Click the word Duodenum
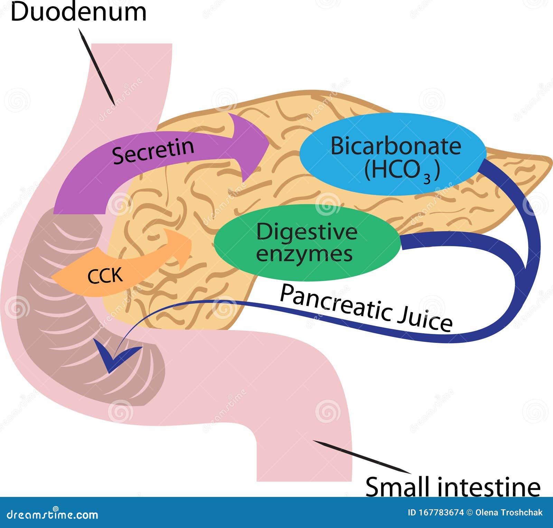click(78, 12)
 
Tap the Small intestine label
click(452, 487)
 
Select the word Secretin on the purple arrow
click(153, 150)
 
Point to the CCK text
click(105, 276)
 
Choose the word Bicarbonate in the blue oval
click(396, 146)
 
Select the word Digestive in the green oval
click(307, 231)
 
